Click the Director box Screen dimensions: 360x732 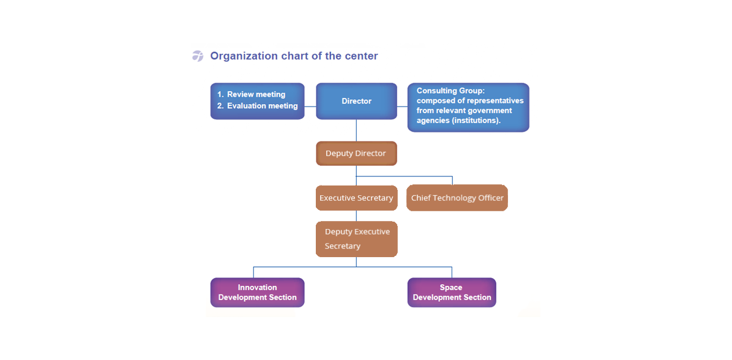[x=356, y=101]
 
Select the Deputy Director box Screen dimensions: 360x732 [x=356, y=153]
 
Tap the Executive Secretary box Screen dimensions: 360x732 [x=356, y=198]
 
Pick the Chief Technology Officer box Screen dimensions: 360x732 [x=457, y=198]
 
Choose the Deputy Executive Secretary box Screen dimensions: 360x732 [x=357, y=239]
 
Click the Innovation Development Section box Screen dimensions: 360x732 [x=257, y=292]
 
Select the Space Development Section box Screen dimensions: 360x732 [x=452, y=292]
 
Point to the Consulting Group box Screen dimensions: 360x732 [x=468, y=107]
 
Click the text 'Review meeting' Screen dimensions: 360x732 [x=256, y=94]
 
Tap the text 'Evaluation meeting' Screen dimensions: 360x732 [x=262, y=106]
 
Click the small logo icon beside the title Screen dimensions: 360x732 [x=198, y=56]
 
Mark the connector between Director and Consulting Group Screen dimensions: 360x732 [x=402, y=107]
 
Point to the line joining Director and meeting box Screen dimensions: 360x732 [x=310, y=107]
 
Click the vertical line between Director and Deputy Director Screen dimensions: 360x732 [x=357, y=130]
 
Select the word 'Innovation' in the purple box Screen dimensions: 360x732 [x=257, y=287]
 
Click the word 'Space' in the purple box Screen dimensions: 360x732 [x=451, y=287]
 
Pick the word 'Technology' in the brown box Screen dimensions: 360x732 [x=460, y=198]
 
